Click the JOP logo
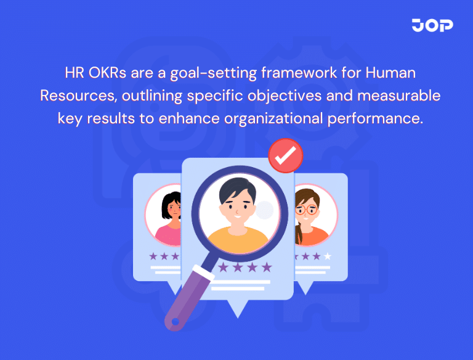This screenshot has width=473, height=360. pyautogui.click(x=432, y=25)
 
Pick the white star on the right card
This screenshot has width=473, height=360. pyautogui.click(x=328, y=255)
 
